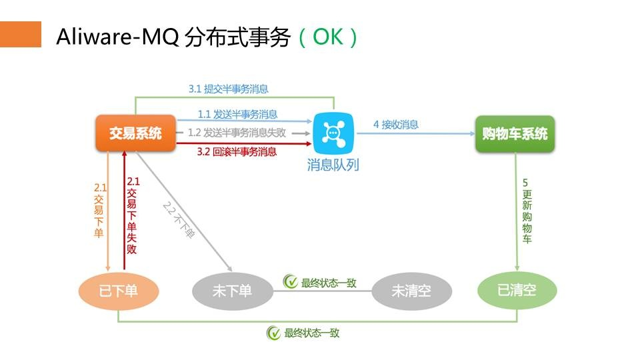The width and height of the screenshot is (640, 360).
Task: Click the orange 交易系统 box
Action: pyautogui.click(x=135, y=133)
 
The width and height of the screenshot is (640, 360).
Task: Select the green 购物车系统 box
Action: pyautogui.click(x=515, y=133)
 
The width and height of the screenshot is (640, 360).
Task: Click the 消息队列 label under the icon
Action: pyautogui.click(x=333, y=164)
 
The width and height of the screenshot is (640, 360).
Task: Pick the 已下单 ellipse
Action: pyautogui.click(x=119, y=290)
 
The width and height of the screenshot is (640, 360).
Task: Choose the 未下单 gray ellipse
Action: pyautogui.click(x=232, y=290)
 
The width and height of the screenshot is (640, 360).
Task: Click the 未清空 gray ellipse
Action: pyautogui.click(x=411, y=291)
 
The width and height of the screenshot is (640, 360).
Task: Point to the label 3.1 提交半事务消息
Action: pyautogui.click(x=228, y=89)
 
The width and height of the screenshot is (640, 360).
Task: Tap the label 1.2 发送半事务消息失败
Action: pyautogui.click(x=237, y=132)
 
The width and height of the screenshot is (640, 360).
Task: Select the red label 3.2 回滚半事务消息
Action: pyautogui.click(x=237, y=152)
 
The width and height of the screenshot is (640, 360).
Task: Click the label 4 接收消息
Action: pyautogui.click(x=396, y=124)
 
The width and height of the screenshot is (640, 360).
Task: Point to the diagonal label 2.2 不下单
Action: pyautogui.click(x=179, y=219)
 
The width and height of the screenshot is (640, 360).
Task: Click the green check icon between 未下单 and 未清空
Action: pyautogui.click(x=291, y=283)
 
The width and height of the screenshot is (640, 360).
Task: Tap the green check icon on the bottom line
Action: pyautogui.click(x=273, y=333)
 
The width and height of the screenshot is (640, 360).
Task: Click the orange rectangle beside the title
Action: pyautogui.click(x=21, y=34)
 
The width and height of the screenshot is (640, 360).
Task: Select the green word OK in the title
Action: pyautogui.click(x=327, y=37)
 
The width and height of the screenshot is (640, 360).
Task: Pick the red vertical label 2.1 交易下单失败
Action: pyautogui.click(x=132, y=215)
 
